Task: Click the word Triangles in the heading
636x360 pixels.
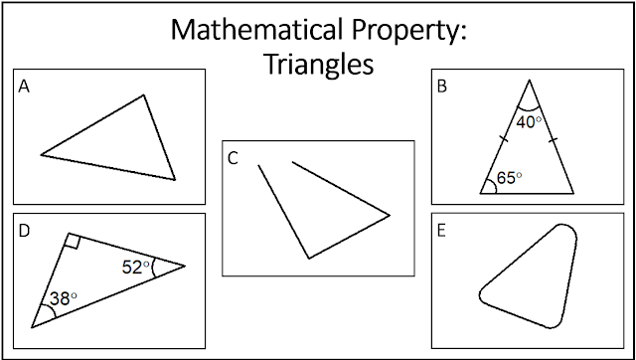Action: click(x=318, y=65)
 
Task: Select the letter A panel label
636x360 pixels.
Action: click(x=24, y=87)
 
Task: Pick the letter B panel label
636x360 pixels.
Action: click(x=441, y=87)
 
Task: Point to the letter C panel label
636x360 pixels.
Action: click(x=233, y=159)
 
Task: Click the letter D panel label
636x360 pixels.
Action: click(x=24, y=231)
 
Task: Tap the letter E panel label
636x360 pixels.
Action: click(x=441, y=231)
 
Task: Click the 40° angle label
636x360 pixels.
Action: click(x=529, y=122)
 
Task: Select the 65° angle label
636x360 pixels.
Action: click(x=509, y=178)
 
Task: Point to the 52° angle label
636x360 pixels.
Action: click(x=135, y=268)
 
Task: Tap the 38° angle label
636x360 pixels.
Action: click(x=63, y=299)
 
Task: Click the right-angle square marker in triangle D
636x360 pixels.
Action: click(x=73, y=241)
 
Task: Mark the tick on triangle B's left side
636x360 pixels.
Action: click(x=504, y=139)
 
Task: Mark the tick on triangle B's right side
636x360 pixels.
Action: click(x=554, y=140)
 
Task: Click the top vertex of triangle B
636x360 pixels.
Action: click(x=529, y=81)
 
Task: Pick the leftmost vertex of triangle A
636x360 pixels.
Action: click(x=41, y=154)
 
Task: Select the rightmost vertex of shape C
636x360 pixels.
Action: click(x=390, y=215)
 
